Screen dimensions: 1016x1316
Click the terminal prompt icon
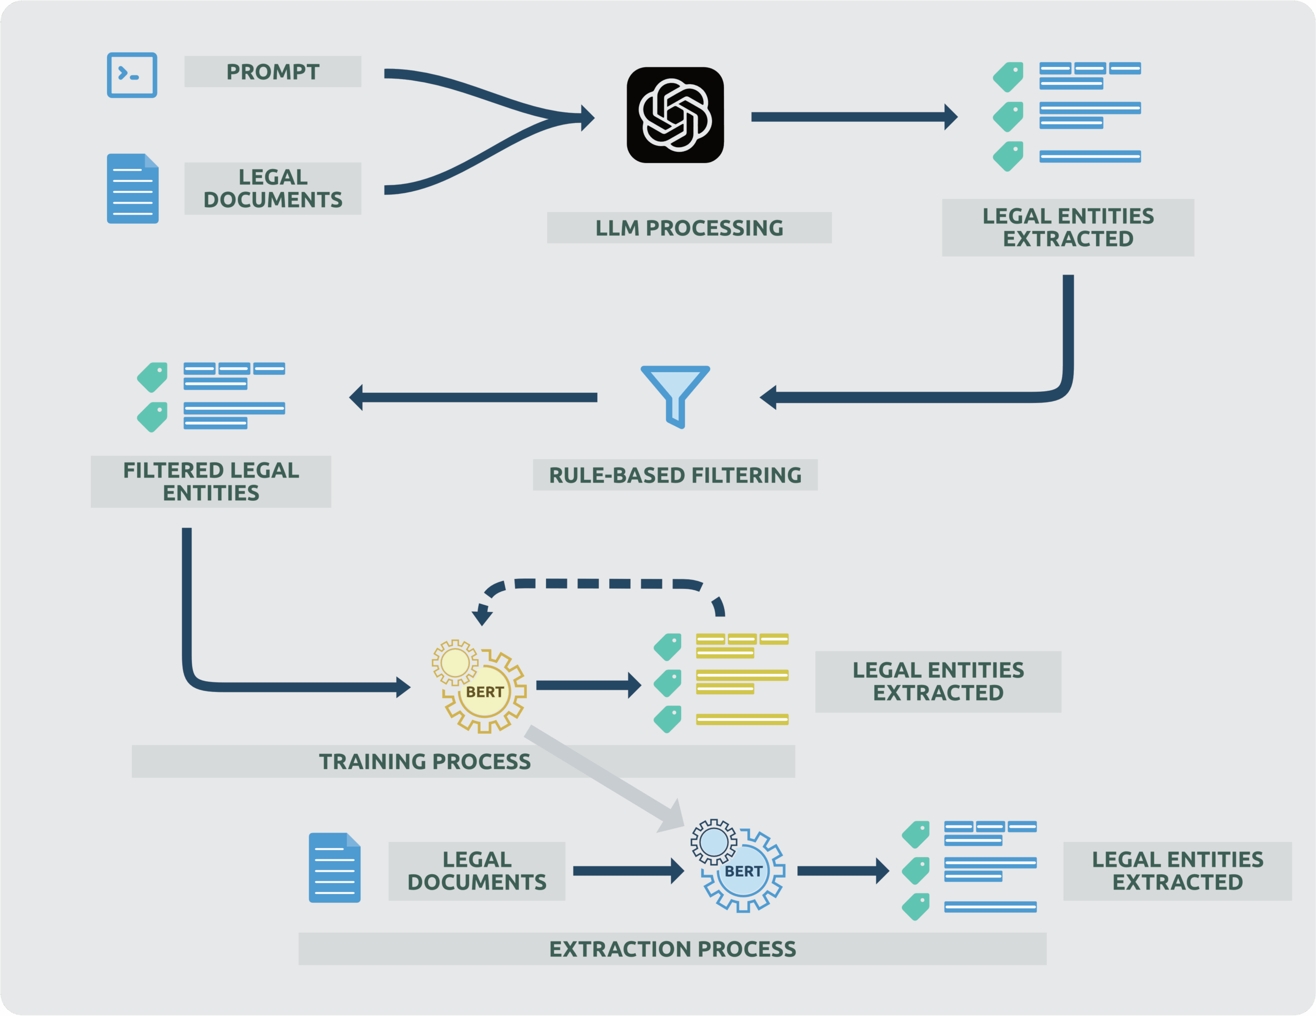click(132, 75)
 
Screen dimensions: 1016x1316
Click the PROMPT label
click(272, 71)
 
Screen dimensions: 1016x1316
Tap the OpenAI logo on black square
click(675, 115)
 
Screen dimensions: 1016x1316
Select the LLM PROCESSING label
click(689, 228)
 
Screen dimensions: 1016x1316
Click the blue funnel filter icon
click(675, 395)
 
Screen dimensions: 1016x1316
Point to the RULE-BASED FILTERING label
click(675, 475)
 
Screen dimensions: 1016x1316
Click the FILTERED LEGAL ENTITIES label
click(211, 481)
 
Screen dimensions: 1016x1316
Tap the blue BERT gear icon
click(739, 866)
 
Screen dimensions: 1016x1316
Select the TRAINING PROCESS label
click(425, 761)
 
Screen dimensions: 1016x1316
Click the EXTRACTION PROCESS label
click(672, 949)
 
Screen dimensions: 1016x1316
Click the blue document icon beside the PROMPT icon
click(133, 189)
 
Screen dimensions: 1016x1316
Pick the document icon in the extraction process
click(335, 868)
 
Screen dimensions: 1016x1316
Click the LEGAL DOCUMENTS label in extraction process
click(477, 871)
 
